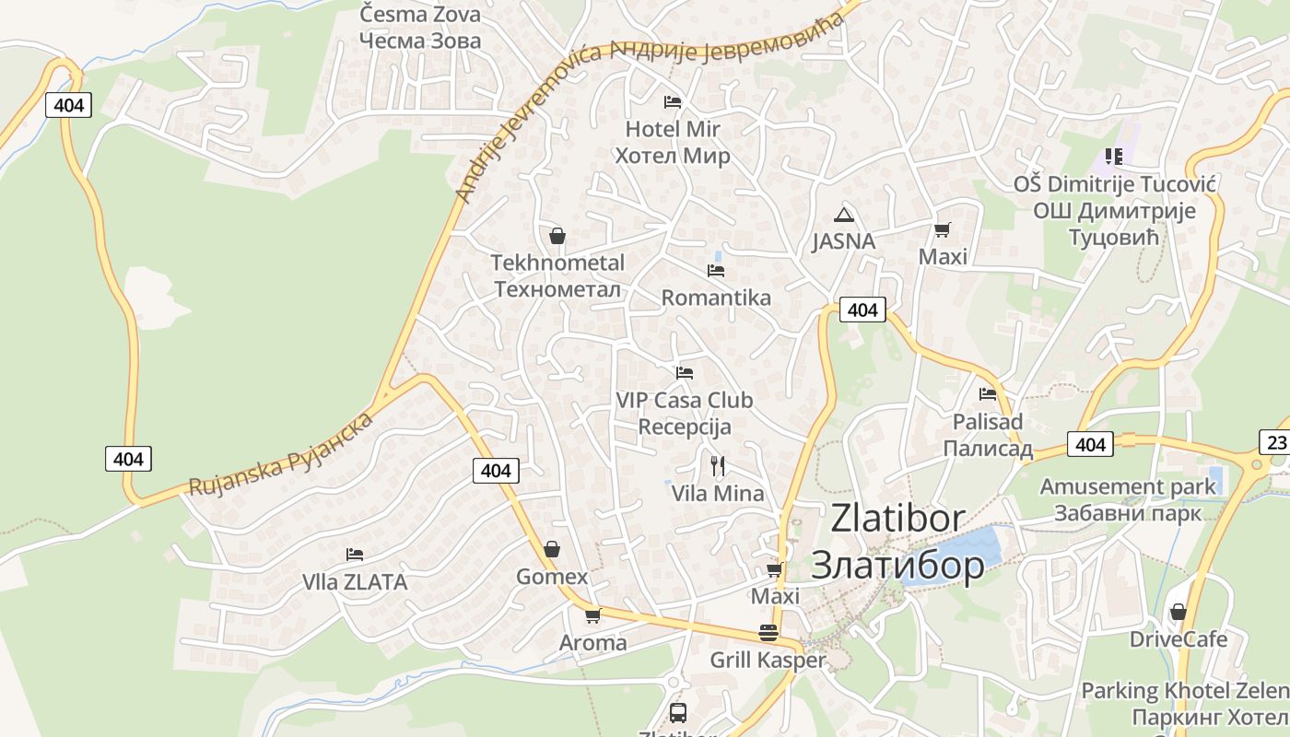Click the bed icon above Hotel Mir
click(x=673, y=101)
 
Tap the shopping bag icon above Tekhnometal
click(x=557, y=236)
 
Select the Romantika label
click(x=716, y=298)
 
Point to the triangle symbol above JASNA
click(x=843, y=216)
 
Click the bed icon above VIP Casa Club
click(x=684, y=373)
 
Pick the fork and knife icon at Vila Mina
click(x=718, y=466)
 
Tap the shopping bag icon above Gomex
click(x=551, y=550)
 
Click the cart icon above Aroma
click(x=592, y=615)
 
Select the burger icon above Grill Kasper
click(x=768, y=633)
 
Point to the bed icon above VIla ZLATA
click(x=355, y=555)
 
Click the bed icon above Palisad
click(x=988, y=394)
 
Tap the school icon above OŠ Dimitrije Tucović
click(x=1113, y=157)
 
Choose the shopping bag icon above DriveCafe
click(x=1178, y=612)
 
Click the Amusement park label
click(x=1128, y=485)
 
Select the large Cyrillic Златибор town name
click(x=897, y=565)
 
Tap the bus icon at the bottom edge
click(x=677, y=712)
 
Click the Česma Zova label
click(x=420, y=14)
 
